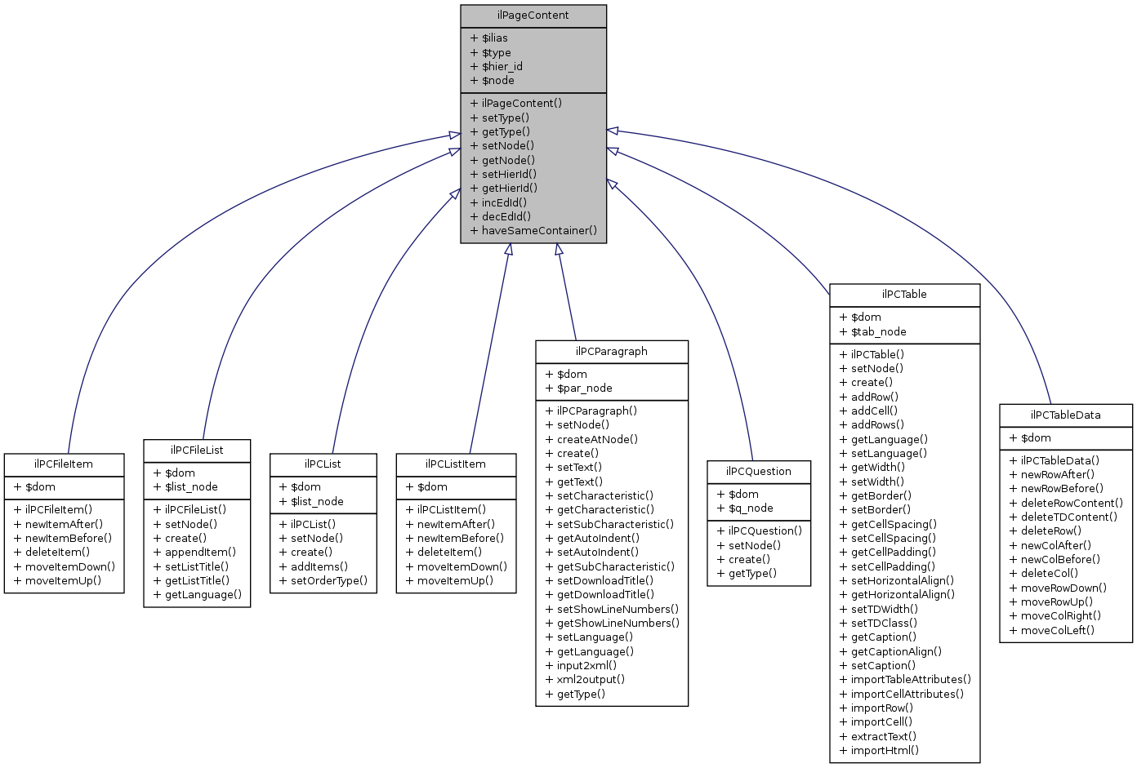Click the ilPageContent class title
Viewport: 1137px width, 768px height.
point(533,16)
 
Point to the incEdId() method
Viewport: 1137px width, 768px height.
point(504,202)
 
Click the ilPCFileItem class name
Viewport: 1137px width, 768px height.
point(64,464)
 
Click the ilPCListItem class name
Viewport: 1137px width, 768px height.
point(456,464)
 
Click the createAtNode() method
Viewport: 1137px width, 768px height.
point(597,439)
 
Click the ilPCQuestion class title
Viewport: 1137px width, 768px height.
point(759,471)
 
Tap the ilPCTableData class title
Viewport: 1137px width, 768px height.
point(1065,415)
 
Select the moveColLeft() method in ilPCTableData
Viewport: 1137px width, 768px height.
point(1057,630)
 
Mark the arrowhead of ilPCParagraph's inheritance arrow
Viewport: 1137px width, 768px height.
point(559,249)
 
